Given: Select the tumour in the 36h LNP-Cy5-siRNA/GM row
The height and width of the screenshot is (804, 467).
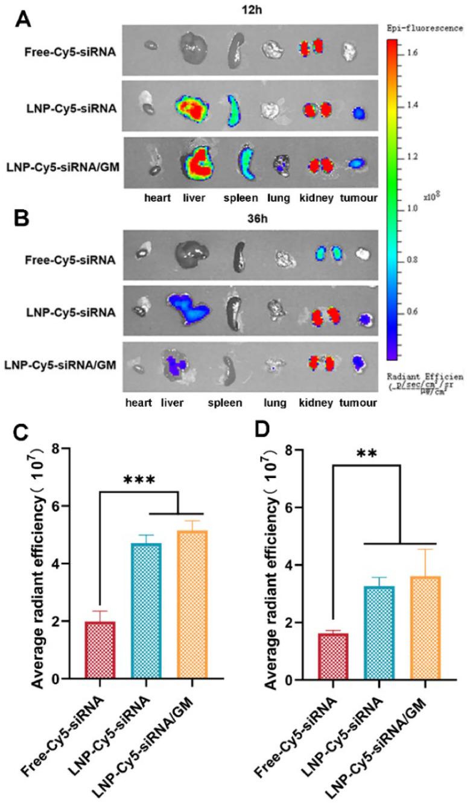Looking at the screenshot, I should (x=358, y=362).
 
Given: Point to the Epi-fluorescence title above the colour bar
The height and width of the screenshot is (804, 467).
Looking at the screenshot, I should (x=425, y=28).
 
